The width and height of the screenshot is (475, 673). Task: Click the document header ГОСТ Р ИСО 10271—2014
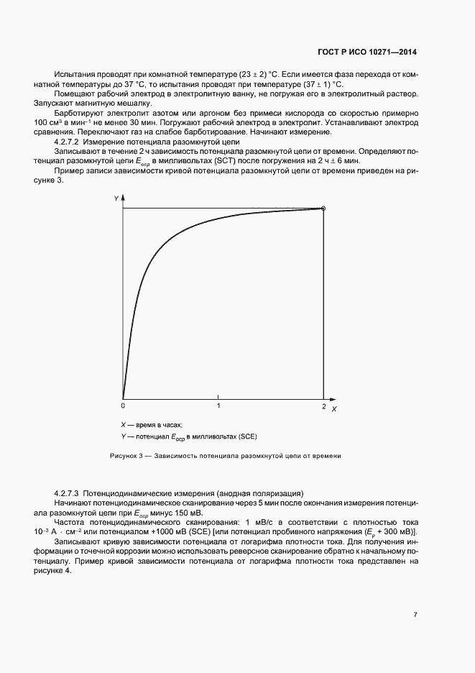366,52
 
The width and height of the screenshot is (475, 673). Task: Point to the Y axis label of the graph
116,197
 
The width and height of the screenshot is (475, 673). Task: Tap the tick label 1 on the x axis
219,406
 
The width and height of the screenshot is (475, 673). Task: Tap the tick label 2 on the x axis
323,406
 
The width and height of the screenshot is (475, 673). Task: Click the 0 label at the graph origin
123,406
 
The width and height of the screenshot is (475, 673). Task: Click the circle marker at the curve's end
323,209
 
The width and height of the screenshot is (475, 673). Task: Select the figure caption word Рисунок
123,456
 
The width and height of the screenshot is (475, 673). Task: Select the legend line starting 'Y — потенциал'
188,436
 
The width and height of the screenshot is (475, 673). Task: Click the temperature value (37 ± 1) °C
317,85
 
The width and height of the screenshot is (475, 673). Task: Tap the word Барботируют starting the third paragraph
79,114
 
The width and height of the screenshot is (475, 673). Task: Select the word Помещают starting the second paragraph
73,94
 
